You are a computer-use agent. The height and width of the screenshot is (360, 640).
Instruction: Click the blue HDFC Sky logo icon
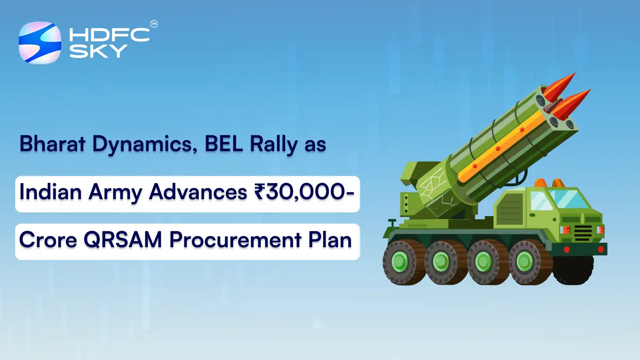pos(40,43)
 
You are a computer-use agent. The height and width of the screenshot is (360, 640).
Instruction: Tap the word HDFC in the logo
pos(109,35)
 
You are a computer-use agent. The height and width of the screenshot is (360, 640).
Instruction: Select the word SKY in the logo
pos(98,51)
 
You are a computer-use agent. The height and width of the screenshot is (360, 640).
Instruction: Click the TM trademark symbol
pos(154,24)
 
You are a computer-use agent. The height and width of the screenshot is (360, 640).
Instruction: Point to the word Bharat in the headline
pos(52,144)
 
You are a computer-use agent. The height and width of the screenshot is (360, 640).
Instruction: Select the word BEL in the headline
pos(224,144)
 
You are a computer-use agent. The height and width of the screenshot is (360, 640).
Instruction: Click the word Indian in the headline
pos(51,192)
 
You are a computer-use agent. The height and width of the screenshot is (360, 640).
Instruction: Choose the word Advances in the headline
pos(198,192)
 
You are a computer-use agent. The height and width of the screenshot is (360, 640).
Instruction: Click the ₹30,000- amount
pos(304,192)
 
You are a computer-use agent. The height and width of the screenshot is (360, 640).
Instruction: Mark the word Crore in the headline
pos(48,240)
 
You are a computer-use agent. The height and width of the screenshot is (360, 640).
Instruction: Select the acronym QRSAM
pos(123,240)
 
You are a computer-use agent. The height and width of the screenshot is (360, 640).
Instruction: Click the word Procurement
pos(235,240)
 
